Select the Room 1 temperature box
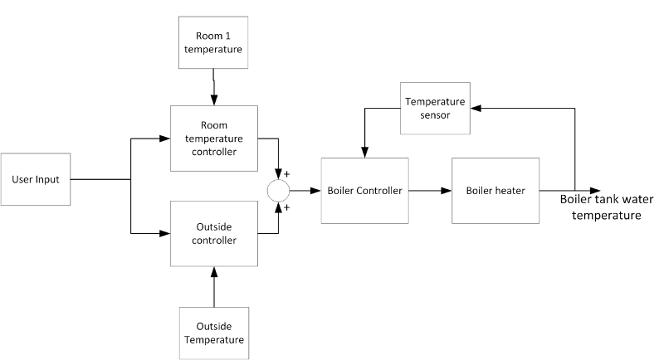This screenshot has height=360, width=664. coord(213,43)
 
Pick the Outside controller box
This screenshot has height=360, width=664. coord(213,233)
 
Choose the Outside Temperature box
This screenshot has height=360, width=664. coord(213,331)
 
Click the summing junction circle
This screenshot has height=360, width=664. coord(277,191)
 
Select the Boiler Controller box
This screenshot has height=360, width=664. coord(365,191)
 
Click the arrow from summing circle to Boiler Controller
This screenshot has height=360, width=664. coord(303,191)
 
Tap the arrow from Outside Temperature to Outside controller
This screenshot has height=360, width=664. coord(214,286)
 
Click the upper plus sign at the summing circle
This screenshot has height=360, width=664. coord(289,176)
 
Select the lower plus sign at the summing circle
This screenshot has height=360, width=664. coord(289,207)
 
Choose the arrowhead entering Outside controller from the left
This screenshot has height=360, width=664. coord(165,234)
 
